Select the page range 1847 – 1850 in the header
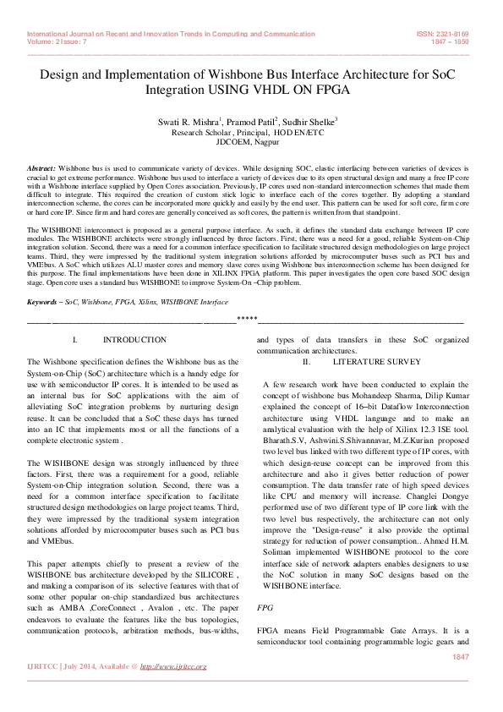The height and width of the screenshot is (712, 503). pyautogui.click(x=450, y=40)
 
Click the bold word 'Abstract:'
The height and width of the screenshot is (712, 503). pyautogui.click(x=41, y=169)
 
